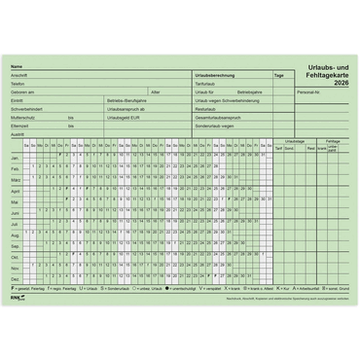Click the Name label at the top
coord(17,66)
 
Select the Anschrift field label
coord(18,75)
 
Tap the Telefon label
coord(18,84)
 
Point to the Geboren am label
coord(21,92)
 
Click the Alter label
coord(156,92)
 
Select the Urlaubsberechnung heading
coord(214,75)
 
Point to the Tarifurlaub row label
coord(205,84)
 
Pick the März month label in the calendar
coord(16,180)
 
